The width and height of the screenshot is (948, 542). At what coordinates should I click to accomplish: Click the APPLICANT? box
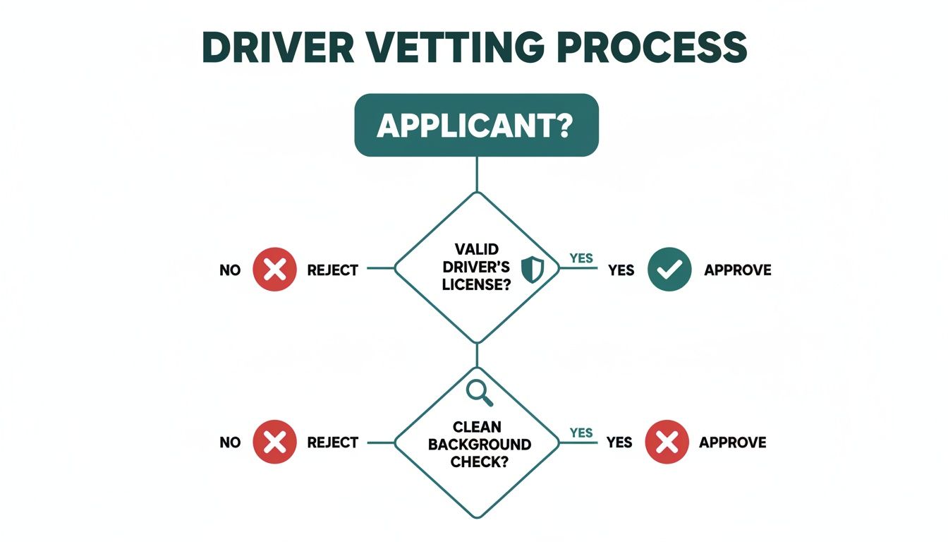(476, 125)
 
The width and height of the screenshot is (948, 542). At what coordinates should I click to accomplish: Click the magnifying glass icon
(479, 392)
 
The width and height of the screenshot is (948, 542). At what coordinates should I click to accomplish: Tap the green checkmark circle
(669, 270)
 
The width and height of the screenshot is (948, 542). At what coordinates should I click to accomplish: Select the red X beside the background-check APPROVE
(667, 442)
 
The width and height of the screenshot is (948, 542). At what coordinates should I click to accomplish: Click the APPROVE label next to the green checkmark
(737, 270)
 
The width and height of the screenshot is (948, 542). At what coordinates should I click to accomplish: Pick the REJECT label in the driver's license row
(333, 270)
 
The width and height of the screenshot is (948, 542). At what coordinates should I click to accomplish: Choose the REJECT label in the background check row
(333, 442)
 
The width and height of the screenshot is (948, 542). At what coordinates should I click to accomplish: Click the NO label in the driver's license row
(230, 270)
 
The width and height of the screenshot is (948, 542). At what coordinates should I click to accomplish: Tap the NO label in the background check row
(230, 442)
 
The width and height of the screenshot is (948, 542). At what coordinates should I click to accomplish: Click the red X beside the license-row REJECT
(274, 270)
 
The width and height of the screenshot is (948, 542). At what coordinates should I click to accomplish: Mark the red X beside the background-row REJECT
(274, 442)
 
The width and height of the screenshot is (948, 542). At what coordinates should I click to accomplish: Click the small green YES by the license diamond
(581, 258)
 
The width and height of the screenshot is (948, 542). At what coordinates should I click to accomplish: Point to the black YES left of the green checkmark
(621, 270)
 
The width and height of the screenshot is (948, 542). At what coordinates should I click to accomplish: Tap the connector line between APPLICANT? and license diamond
(478, 174)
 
